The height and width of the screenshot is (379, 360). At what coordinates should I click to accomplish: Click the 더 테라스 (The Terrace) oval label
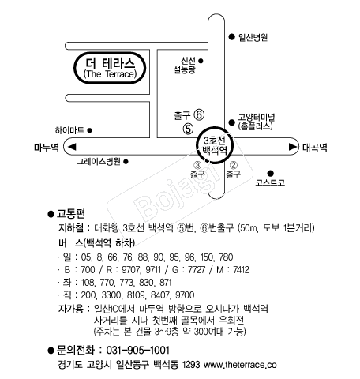pos(110,68)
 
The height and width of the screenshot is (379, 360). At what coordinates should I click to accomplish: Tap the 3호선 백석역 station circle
pos(215,145)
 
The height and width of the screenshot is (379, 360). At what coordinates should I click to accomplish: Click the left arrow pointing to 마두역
pos(72,147)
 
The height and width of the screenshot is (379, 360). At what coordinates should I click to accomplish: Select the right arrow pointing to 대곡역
pos(293,147)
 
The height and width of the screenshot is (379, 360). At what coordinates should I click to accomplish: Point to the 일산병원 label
pos(253,37)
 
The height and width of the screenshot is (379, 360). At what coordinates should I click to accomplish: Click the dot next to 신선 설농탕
pos(201,61)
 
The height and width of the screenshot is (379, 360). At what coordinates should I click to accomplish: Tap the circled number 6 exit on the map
pos(199,114)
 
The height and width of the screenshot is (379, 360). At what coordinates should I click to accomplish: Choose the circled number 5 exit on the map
pos(188,129)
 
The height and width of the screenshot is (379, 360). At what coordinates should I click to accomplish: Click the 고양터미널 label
pos(257,118)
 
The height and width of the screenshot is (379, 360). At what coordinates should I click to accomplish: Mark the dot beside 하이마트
pos(89,130)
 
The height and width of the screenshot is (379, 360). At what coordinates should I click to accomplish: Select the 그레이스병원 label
pos(99,161)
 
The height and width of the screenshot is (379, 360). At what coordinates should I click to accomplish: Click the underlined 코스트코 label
pos(270,182)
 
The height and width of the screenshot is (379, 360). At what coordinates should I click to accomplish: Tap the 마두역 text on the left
pos(47,147)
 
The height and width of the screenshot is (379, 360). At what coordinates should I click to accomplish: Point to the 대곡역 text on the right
pos(315,148)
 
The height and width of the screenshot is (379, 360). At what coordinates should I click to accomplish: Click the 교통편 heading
pos(71,214)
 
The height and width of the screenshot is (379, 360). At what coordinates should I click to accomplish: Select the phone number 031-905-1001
pos(137,351)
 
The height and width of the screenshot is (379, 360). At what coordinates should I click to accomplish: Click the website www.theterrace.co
pos(240,365)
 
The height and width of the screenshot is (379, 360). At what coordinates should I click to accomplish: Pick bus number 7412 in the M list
pos(241,270)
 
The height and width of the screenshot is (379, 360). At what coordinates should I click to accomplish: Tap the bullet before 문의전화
pos(51,351)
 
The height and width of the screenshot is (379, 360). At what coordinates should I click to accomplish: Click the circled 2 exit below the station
pos(233,165)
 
